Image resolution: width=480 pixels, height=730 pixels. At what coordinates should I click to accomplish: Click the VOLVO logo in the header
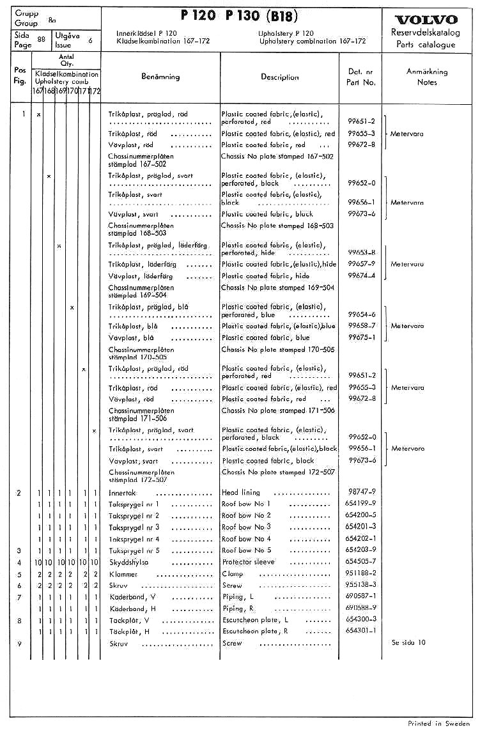click(426, 19)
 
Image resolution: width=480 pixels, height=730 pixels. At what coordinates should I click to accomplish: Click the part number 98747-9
click(362, 492)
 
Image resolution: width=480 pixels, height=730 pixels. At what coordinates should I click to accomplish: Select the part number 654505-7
click(360, 562)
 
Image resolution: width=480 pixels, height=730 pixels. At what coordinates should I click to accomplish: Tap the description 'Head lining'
click(239, 492)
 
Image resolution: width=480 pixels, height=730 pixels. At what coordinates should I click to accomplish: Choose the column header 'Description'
click(279, 77)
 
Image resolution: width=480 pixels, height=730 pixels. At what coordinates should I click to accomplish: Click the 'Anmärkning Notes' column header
click(427, 77)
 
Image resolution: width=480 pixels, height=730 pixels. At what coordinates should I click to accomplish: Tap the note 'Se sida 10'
click(408, 642)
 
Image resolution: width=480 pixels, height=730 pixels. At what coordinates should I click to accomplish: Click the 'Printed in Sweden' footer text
click(438, 723)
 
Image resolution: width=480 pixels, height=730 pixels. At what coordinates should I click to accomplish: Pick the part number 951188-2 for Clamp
click(360, 573)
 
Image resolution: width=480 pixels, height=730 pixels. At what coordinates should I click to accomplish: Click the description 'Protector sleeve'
click(248, 562)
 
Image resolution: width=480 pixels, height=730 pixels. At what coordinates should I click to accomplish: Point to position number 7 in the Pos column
click(20, 597)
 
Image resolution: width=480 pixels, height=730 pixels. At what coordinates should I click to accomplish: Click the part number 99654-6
click(362, 315)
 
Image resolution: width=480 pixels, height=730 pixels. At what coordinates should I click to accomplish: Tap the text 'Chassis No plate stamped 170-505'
click(277, 350)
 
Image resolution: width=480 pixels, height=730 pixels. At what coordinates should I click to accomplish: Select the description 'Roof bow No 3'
click(246, 527)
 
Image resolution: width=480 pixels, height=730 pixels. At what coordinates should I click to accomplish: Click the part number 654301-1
click(360, 631)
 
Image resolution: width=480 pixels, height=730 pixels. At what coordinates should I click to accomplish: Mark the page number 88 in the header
click(42, 39)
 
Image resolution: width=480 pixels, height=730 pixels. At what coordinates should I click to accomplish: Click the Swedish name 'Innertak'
click(122, 493)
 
